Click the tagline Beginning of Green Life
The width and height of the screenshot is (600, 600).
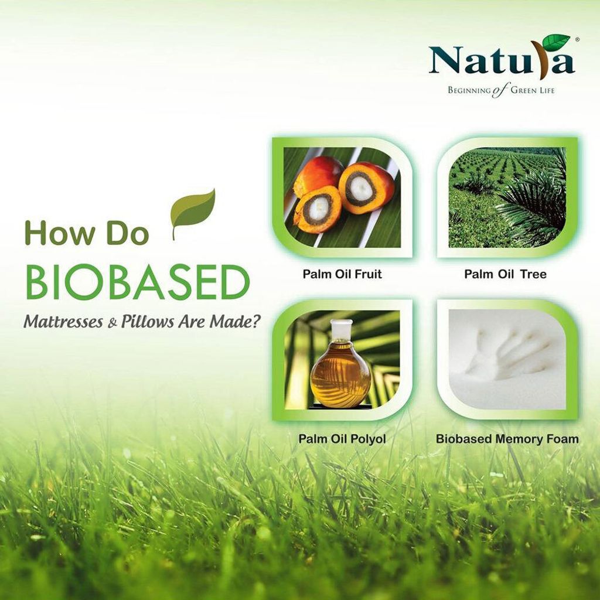502,91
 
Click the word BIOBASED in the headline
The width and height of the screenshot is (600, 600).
137,283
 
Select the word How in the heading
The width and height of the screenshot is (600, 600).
59,233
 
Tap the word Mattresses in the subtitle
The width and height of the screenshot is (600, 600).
63,322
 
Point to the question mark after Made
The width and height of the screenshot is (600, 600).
252,321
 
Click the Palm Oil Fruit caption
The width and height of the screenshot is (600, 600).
342,274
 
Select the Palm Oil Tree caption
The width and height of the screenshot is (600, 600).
505,274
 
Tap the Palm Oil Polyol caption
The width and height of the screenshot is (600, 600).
342,438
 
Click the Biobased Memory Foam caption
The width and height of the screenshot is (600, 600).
507,438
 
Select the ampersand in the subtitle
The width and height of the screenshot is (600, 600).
112,323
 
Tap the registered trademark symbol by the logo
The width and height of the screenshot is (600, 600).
577,39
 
